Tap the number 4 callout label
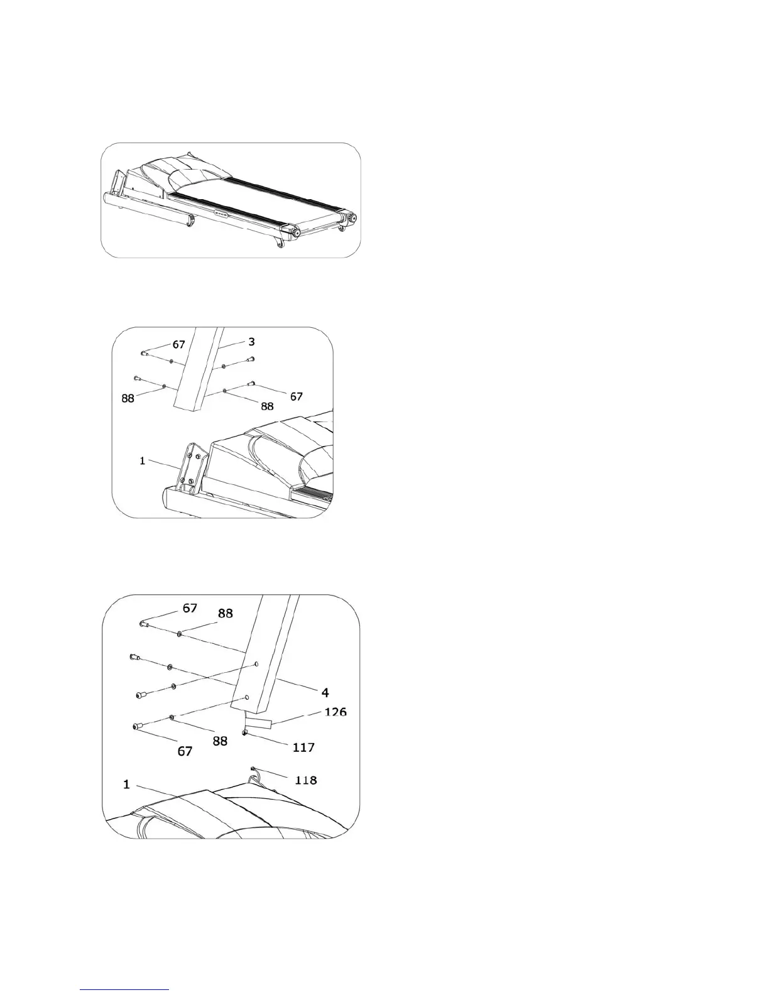[325, 692]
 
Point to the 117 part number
[303, 748]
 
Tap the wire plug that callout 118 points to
[253, 769]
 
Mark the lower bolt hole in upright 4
[247, 697]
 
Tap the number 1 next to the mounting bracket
[143, 461]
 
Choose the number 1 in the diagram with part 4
[126, 785]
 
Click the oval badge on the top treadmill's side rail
[220, 214]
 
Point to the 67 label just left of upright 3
[179, 345]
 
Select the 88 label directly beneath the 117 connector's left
[219, 741]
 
